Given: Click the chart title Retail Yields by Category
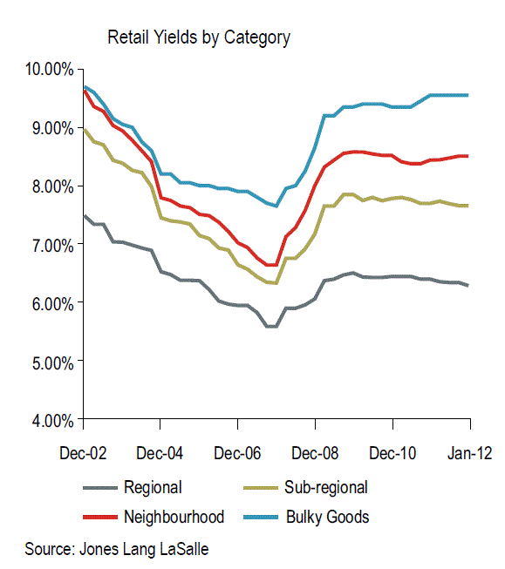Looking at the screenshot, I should (x=198, y=37).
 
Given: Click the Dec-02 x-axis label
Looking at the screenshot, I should (x=83, y=454).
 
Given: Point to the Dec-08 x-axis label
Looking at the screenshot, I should (x=315, y=454).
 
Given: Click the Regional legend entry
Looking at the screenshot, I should (x=153, y=488).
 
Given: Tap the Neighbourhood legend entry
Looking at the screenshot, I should (x=174, y=517).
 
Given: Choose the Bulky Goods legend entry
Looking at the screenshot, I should (x=327, y=517).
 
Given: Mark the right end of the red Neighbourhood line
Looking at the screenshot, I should (x=468, y=156).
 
